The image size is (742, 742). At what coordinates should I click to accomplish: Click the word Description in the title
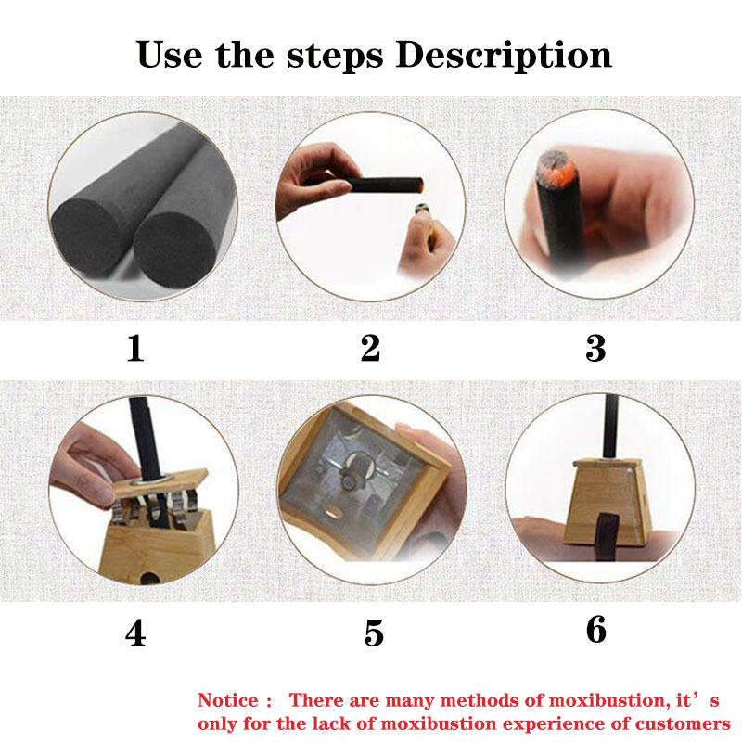(x=504, y=56)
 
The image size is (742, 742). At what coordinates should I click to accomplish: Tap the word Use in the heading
(x=170, y=55)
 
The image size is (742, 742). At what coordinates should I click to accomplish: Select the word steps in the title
(x=334, y=57)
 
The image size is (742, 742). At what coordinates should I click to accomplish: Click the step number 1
(x=135, y=349)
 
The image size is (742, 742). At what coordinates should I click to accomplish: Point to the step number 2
(x=370, y=348)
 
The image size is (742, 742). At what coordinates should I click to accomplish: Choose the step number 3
(x=595, y=349)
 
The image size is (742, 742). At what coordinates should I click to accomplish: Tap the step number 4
(x=135, y=633)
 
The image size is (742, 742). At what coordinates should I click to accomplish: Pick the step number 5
(x=374, y=633)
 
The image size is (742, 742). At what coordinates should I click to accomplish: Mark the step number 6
(x=595, y=630)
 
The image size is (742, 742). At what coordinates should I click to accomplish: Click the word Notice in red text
(x=228, y=700)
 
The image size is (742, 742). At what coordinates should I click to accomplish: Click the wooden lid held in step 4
(x=160, y=482)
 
